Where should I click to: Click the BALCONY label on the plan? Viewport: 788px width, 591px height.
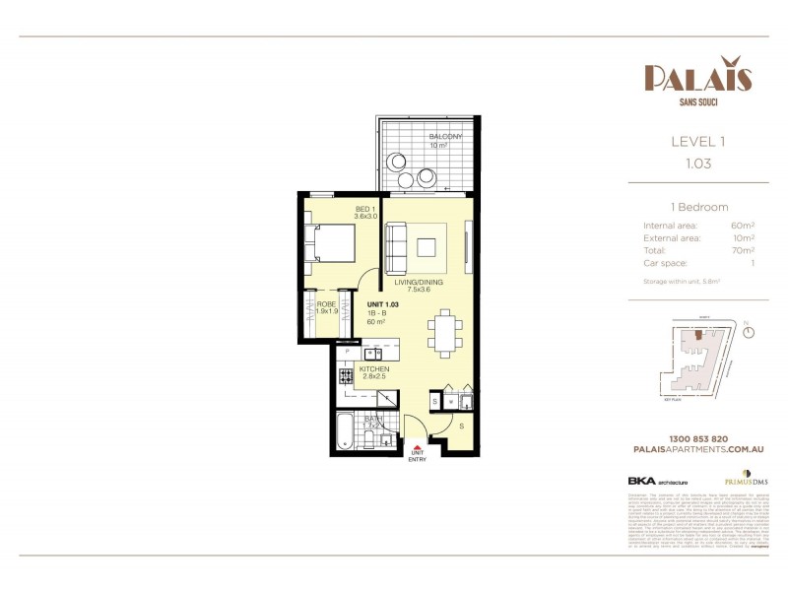click(x=445, y=136)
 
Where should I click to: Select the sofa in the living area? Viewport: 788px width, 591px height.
click(x=394, y=248)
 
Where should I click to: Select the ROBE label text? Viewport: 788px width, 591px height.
click(x=326, y=304)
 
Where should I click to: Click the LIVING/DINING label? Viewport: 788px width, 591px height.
click(x=419, y=283)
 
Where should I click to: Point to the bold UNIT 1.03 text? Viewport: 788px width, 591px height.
click(x=381, y=304)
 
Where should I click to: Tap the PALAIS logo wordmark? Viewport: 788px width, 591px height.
click(x=698, y=77)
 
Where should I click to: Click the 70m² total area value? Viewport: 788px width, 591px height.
click(x=744, y=251)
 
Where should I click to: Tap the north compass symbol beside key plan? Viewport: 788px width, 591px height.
click(x=751, y=332)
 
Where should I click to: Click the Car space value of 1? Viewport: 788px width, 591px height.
click(x=752, y=264)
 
